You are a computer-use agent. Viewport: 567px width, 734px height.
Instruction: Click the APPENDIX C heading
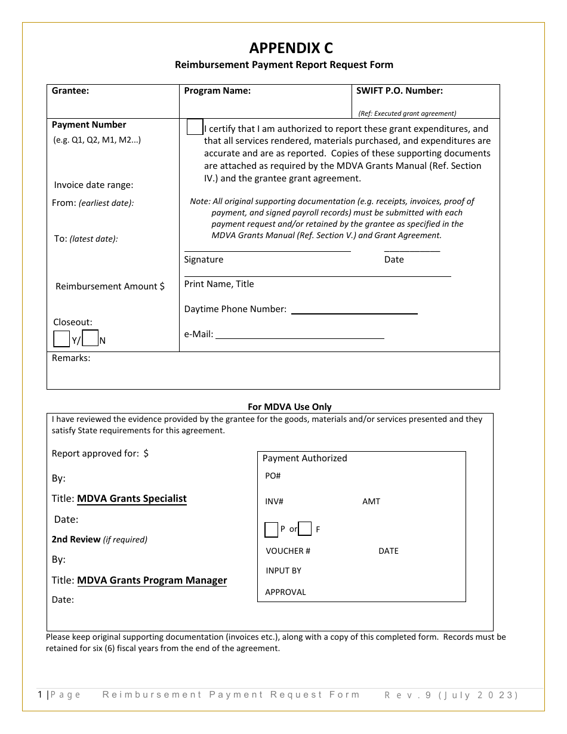coord(291,48)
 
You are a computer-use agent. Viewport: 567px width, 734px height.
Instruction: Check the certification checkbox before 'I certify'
coord(195,127)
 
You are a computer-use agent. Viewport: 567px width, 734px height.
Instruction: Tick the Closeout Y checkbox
coord(61,339)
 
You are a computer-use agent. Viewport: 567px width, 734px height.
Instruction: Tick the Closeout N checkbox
coord(90,338)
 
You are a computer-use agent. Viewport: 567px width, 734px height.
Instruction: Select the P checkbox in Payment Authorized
coord(271,529)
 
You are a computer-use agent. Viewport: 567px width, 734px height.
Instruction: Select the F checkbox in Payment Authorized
coord(305,529)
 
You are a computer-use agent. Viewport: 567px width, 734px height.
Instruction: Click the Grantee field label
coord(70,91)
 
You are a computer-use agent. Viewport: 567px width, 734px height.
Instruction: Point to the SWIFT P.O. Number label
coord(399,91)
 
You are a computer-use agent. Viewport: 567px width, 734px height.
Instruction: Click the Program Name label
coord(217,91)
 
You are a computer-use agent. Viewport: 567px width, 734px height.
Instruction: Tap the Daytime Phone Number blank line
coord(354,311)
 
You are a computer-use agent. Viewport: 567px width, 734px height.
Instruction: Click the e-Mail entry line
coord(300,336)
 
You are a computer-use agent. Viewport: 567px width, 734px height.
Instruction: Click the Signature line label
coord(204,260)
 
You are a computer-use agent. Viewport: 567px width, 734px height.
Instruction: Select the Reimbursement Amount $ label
coord(110,286)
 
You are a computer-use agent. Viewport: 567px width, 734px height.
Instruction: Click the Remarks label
coord(71,358)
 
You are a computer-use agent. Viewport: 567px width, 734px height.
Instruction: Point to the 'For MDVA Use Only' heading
coord(289,407)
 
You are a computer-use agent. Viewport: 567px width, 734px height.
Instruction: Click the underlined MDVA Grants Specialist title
coord(132,499)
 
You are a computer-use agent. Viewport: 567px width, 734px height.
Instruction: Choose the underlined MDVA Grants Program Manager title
coord(152,581)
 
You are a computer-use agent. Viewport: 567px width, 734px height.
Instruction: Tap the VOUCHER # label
coord(288,551)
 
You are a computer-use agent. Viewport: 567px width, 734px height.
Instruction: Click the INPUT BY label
coord(283,570)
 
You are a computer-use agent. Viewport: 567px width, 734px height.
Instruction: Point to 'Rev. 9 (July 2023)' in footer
coord(451,695)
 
